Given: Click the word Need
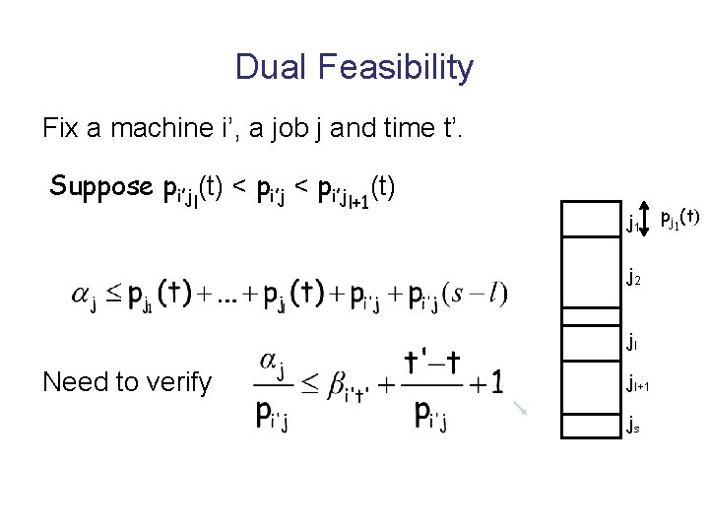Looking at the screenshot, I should click(74, 382).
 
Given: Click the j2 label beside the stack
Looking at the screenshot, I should click(633, 279).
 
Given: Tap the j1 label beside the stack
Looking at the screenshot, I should click(632, 225).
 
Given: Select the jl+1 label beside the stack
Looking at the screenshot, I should click(638, 385).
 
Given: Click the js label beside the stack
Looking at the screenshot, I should click(633, 426).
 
